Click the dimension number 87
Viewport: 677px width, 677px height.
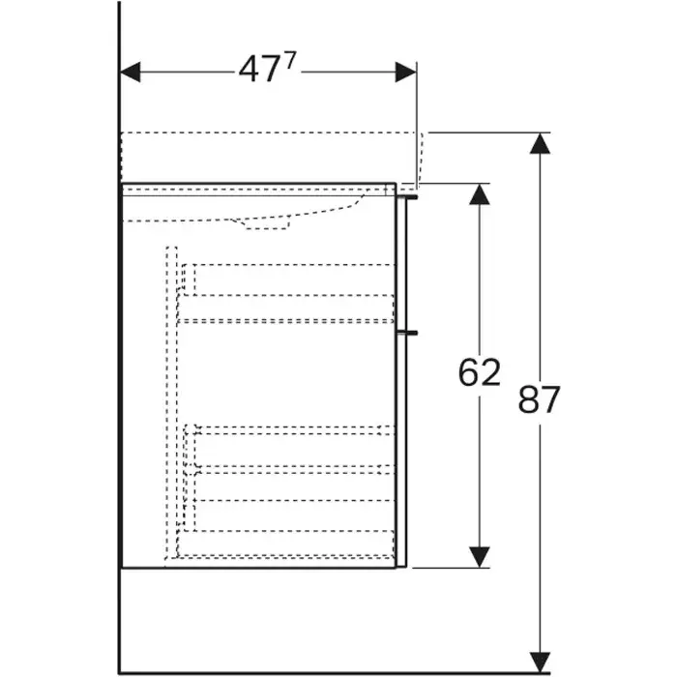[x=539, y=399]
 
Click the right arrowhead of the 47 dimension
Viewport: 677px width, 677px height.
[x=405, y=73]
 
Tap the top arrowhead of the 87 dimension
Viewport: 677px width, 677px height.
[x=539, y=143]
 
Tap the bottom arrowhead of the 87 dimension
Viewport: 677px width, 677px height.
[x=539, y=662]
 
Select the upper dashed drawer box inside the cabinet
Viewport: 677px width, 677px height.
[x=290, y=292]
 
